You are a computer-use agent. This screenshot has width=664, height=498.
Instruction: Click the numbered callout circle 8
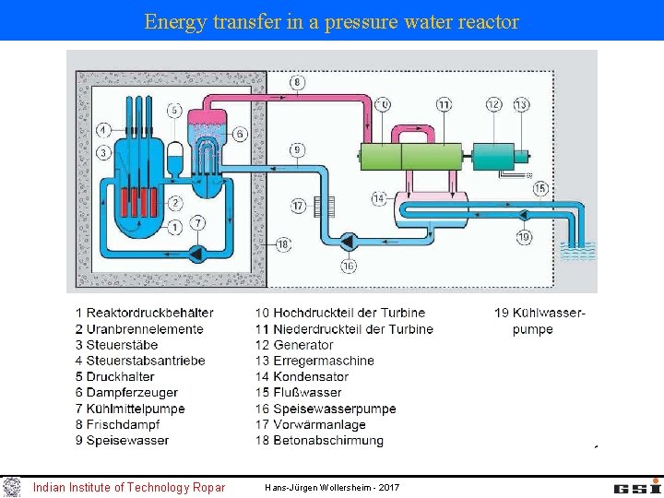296,83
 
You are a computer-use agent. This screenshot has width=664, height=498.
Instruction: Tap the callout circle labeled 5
174,111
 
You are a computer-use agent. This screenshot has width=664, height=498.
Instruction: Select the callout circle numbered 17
298,205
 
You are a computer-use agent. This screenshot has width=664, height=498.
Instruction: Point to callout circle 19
524,237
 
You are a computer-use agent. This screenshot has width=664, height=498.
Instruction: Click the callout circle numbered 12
494,104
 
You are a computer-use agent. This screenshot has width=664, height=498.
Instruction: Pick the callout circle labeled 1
173,227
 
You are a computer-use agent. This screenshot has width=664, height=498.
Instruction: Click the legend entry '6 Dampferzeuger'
127,393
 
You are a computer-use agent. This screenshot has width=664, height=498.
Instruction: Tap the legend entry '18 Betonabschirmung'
319,440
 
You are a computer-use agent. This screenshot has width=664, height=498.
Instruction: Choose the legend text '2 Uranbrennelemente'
139,329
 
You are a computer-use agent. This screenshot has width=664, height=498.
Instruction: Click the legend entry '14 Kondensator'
302,377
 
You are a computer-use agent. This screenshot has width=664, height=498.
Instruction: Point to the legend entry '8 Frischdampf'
117,424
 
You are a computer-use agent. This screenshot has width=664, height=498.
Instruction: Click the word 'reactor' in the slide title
487,21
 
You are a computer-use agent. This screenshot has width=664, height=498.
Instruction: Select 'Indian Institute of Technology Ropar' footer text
128,487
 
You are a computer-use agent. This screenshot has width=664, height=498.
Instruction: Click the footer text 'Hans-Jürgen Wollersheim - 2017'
332,487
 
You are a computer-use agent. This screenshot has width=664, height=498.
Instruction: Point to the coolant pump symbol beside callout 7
197,251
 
